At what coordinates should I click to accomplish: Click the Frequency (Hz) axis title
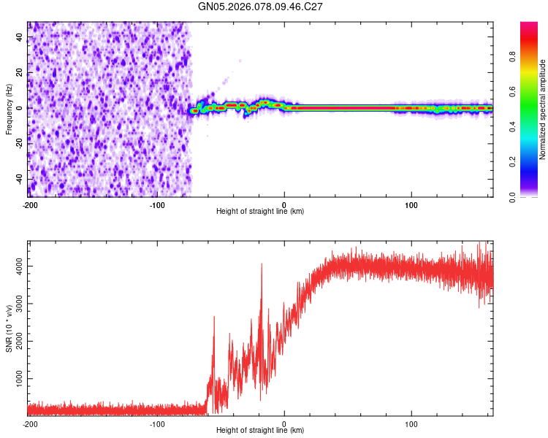[x=9, y=109]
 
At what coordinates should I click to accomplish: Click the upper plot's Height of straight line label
[x=260, y=211]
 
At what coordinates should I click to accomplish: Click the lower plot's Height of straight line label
[x=260, y=430]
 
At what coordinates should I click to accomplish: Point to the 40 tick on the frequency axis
[x=20, y=37]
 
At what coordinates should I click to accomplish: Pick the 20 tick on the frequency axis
[x=20, y=73]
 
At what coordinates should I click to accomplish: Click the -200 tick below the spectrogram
[x=29, y=205]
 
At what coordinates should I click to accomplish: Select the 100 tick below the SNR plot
[x=411, y=424]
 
